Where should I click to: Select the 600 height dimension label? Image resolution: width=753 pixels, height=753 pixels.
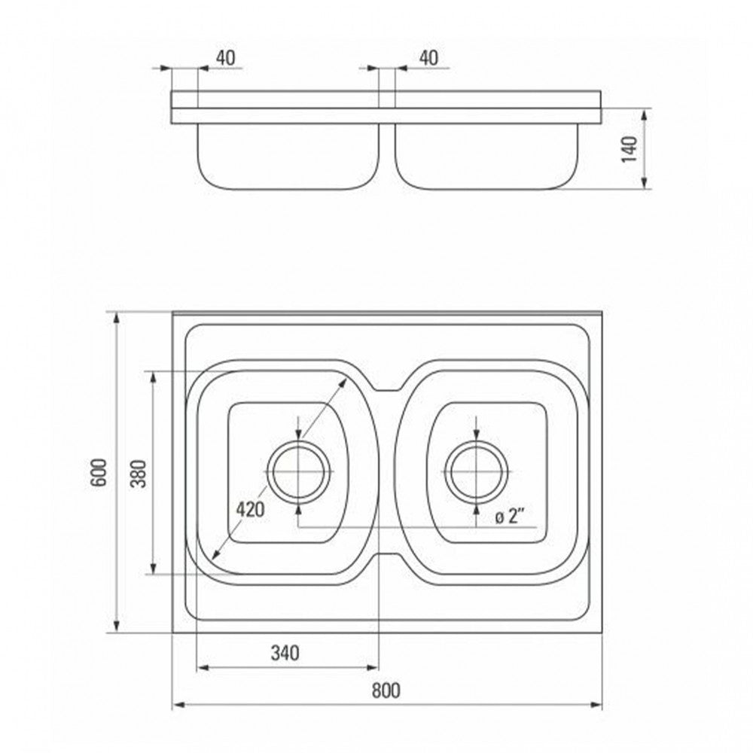(x=99, y=473)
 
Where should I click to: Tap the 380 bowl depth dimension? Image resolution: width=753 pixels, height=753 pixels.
(x=139, y=473)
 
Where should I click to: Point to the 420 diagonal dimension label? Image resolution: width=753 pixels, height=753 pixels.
(x=250, y=509)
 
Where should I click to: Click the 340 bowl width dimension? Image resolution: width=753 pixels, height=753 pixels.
(x=285, y=653)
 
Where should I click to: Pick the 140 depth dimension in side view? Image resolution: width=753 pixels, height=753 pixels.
(x=630, y=149)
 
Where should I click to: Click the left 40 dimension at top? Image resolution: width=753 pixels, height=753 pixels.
(x=226, y=58)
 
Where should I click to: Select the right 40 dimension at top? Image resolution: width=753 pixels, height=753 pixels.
(x=429, y=58)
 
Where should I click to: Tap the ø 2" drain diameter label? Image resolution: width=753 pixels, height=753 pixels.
(x=509, y=517)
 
